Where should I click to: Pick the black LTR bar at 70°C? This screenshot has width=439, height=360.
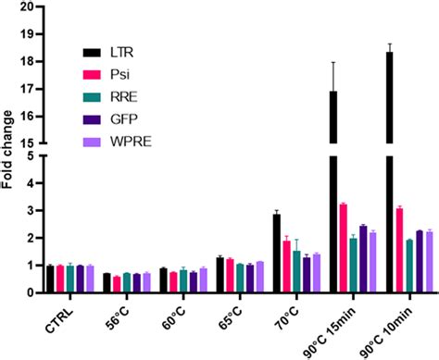pos(276,254)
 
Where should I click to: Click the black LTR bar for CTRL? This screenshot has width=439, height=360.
pos(51,279)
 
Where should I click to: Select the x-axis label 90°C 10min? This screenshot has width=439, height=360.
pos(394,328)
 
